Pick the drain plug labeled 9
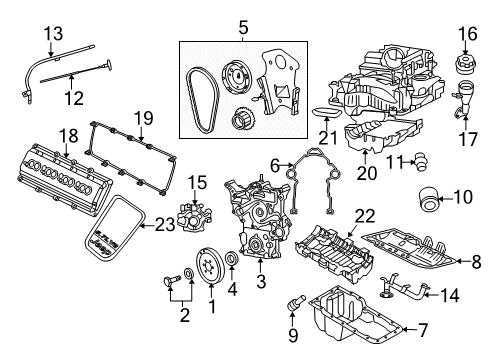point(298,328)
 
